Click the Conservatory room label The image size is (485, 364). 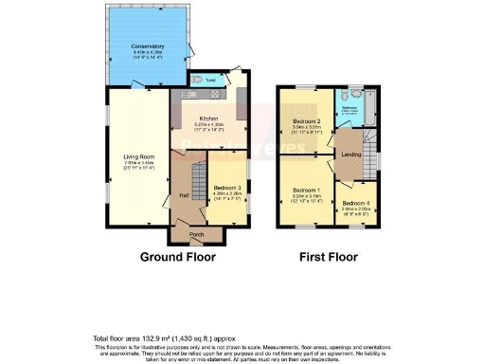tap(148, 46)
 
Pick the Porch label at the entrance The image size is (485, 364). tap(197, 234)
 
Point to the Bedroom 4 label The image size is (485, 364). tap(355, 203)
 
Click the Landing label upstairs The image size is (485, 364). tap(349, 154)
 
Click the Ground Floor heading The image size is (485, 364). tap(178, 257)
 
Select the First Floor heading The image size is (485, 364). tap(327, 257)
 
